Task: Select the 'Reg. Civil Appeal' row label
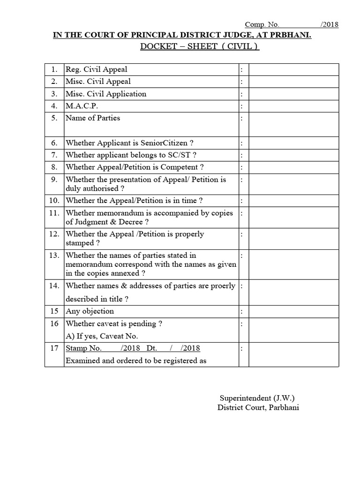pos(96,69)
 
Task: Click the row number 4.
pos(54,106)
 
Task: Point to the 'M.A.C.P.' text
pos(82,106)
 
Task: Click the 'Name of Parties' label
pos(93,118)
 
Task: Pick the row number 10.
pos(54,201)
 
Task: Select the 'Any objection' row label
pos(90,311)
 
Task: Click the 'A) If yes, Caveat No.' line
pos(102,336)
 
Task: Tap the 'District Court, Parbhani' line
pos(258,407)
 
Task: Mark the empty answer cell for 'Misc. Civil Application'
pos(293,94)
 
